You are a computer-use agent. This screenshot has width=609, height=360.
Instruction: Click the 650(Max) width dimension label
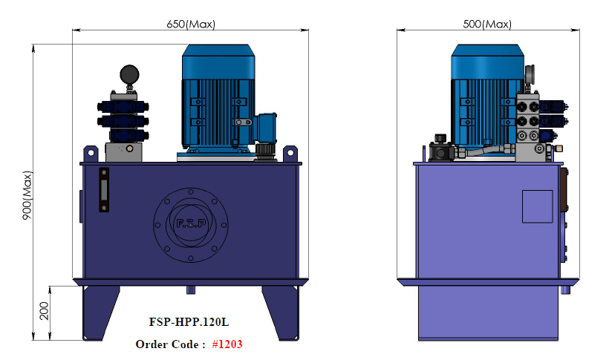click(x=191, y=24)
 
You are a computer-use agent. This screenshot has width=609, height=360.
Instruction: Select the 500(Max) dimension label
click(x=487, y=24)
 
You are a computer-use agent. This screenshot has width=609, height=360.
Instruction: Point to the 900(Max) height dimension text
click(x=27, y=195)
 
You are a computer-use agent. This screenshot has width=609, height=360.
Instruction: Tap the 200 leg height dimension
click(x=45, y=311)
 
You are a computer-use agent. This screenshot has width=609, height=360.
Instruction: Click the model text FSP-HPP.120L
click(x=189, y=322)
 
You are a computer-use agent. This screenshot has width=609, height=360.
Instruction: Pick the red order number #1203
click(x=227, y=344)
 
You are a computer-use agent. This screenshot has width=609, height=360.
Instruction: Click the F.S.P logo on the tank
click(x=191, y=224)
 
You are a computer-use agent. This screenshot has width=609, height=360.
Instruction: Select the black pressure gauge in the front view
click(x=129, y=74)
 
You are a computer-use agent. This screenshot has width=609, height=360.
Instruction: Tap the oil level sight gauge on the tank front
click(x=104, y=190)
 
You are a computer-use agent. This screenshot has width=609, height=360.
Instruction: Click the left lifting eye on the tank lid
click(x=91, y=154)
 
